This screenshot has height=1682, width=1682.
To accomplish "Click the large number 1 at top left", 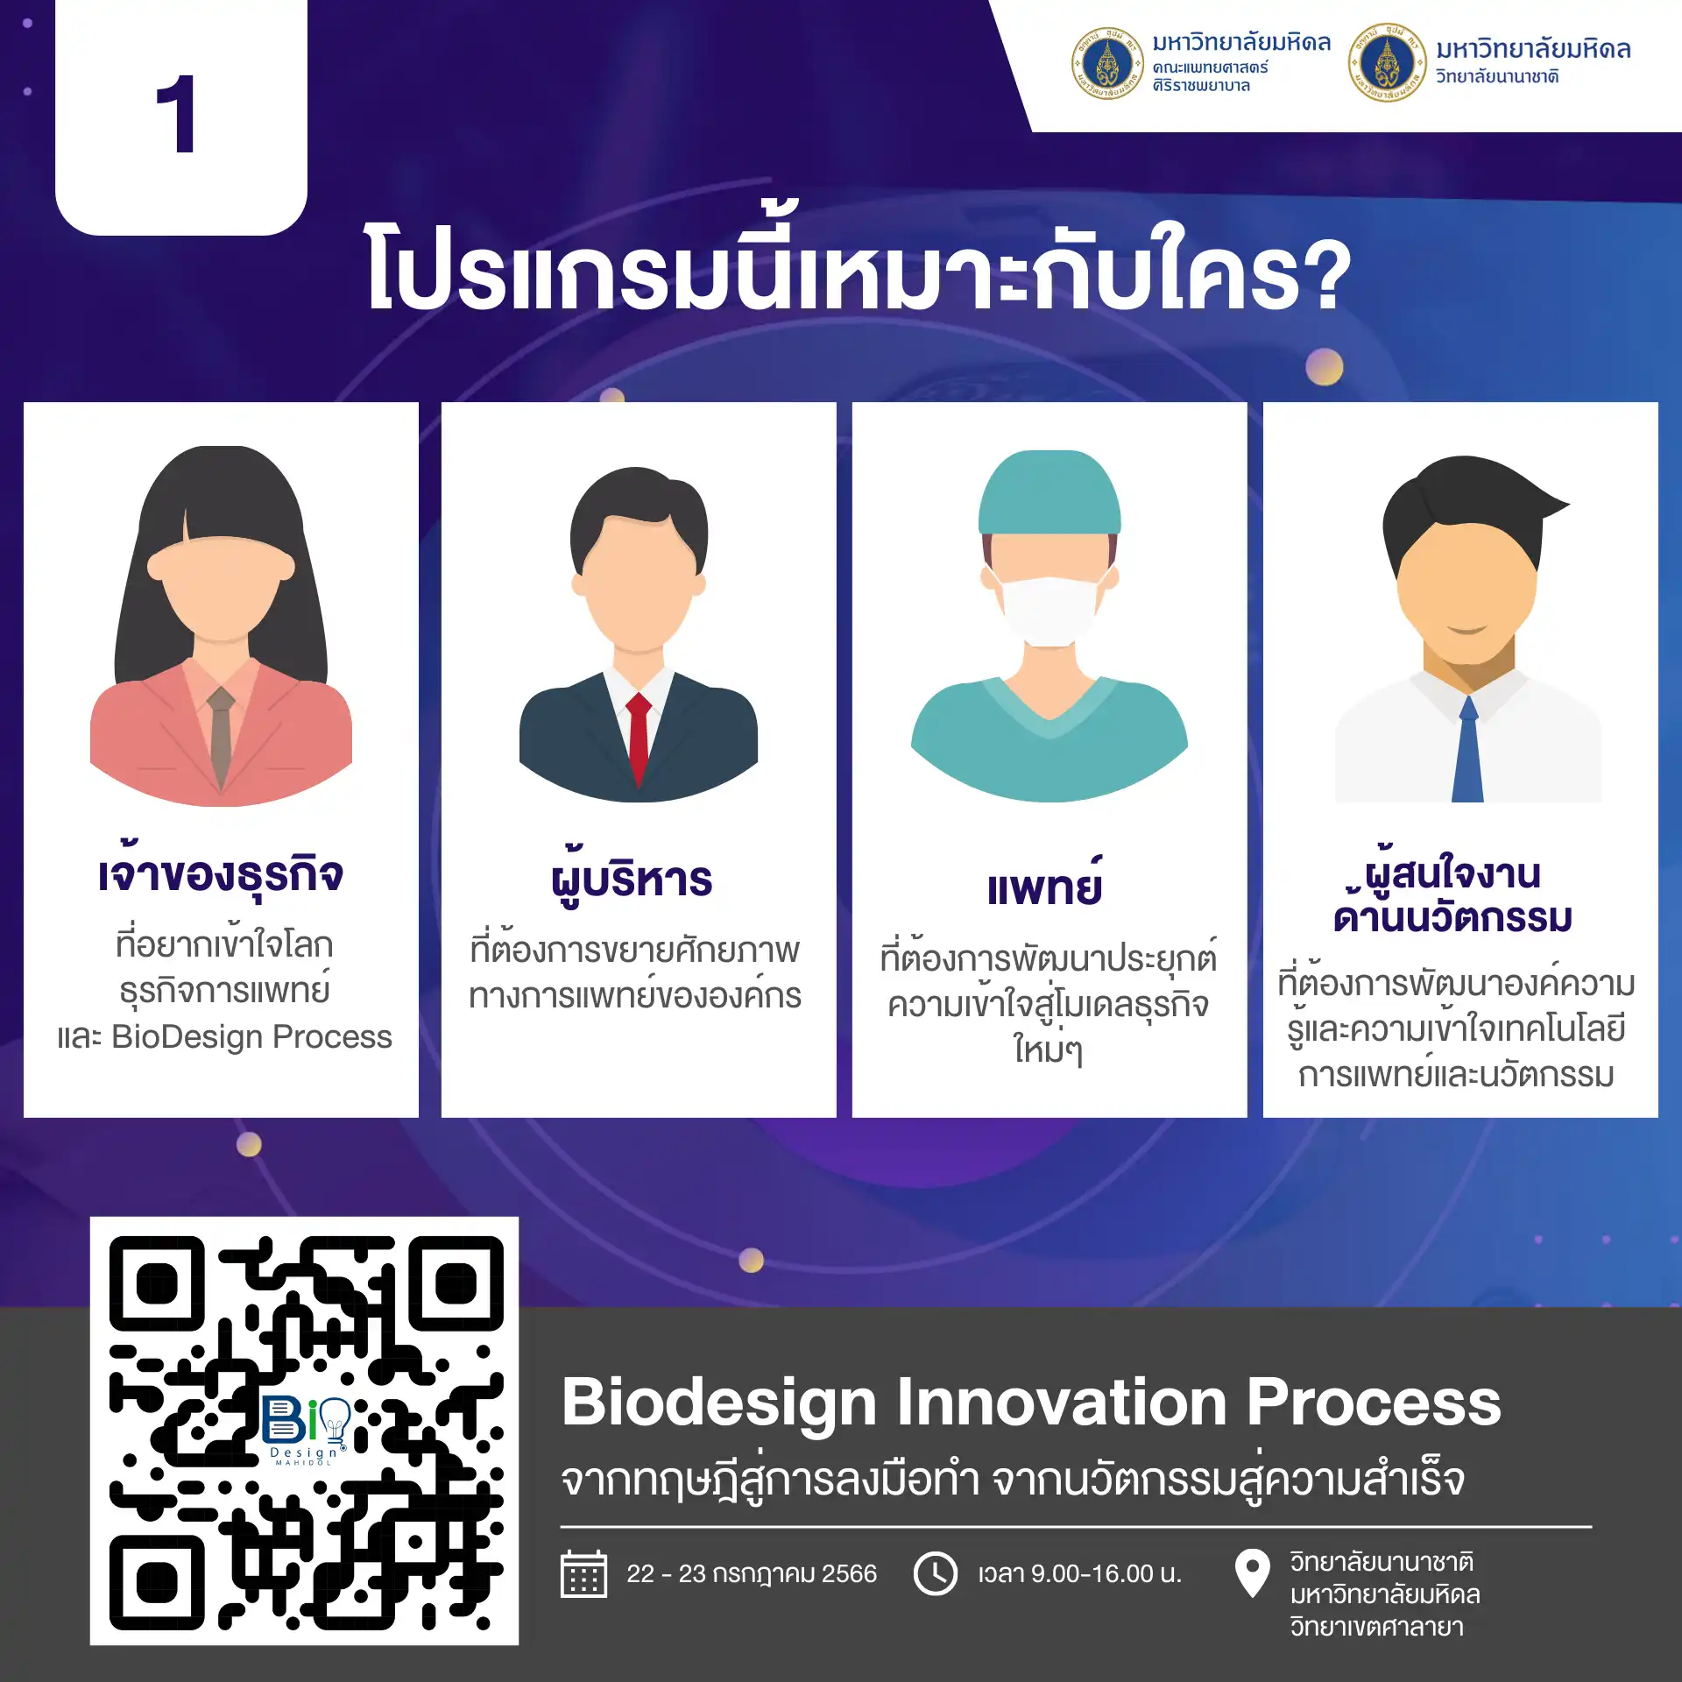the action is [x=176, y=114].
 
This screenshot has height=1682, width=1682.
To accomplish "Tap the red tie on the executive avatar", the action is [x=639, y=739].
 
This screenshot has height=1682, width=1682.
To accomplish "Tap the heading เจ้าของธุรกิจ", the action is [x=221, y=871].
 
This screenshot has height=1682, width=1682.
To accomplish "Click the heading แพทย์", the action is [x=1045, y=884].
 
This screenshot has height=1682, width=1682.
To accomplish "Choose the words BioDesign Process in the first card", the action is [x=252, y=1036].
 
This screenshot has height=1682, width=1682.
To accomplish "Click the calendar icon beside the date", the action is [x=583, y=1574].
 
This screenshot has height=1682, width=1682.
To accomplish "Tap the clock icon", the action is [x=936, y=1574].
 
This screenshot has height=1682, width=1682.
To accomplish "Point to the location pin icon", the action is [x=1252, y=1572].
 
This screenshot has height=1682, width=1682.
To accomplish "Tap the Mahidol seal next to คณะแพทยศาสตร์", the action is [x=1107, y=63].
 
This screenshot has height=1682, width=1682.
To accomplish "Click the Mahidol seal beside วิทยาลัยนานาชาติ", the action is [x=1387, y=63].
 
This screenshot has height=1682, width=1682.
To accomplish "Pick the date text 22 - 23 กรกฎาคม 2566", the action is [x=752, y=1574].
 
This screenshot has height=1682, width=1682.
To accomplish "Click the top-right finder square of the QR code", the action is [x=456, y=1284].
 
